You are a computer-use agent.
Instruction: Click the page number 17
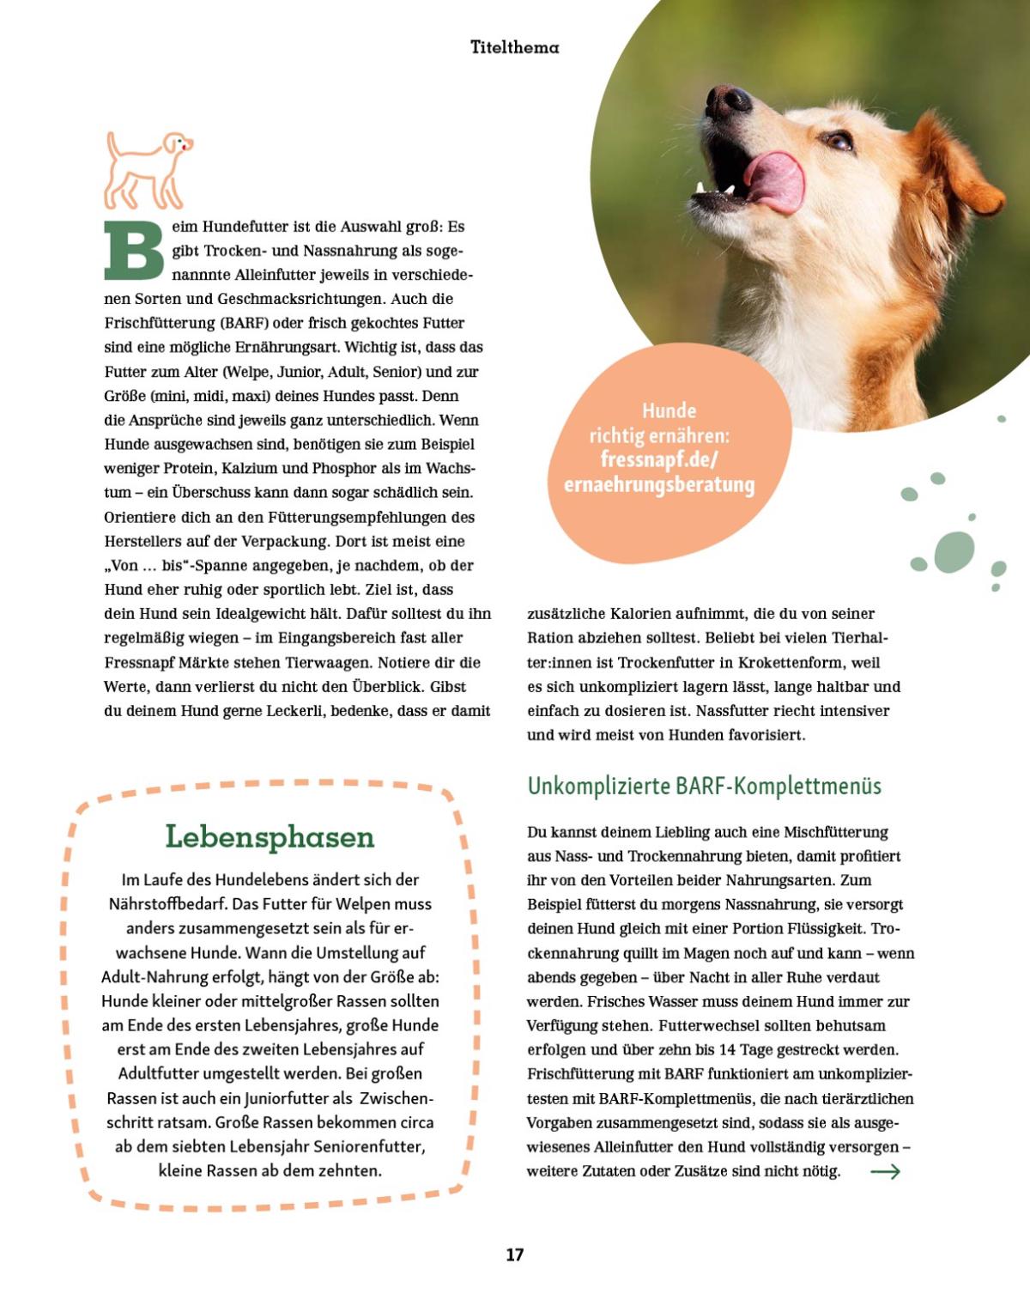tap(514, 1254)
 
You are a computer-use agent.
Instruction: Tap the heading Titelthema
tap(514, 47)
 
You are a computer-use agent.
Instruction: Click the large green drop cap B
tap(134, 251)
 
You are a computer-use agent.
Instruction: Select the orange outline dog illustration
tap(147, 170)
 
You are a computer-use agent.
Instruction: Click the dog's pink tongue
tap(776, 181)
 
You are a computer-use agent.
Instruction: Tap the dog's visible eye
tap(838, 141)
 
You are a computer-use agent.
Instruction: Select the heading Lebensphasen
tap(270, 836)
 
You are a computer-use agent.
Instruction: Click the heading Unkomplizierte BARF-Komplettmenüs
tap(704, 786)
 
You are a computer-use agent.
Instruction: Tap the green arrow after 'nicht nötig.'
tap(885, 1171)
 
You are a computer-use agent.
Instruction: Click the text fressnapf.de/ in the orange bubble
tap(658, 459)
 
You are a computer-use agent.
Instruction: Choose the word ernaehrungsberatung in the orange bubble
tap(658, 484)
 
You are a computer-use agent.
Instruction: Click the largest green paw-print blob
tap(954, 551)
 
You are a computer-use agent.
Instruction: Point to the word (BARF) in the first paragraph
tap(244, 323)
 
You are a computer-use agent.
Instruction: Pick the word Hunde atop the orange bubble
tap(669, 410)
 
